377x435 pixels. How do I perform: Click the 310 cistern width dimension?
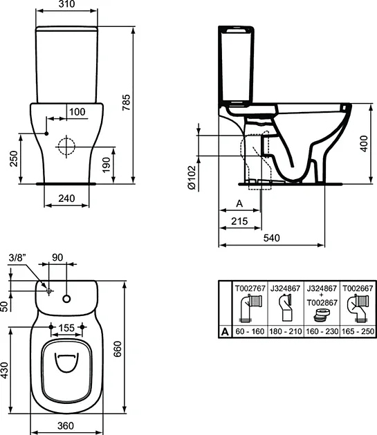67,4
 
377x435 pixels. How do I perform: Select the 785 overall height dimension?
126,102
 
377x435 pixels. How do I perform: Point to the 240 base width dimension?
66,198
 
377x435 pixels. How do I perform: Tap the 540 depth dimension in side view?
272,238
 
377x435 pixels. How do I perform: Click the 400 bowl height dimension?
364,143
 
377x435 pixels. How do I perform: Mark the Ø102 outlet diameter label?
192,178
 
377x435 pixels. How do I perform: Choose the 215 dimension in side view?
239,221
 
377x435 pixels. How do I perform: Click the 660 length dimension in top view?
118,349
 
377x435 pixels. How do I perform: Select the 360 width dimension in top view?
66,425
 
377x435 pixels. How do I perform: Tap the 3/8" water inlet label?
17,258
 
